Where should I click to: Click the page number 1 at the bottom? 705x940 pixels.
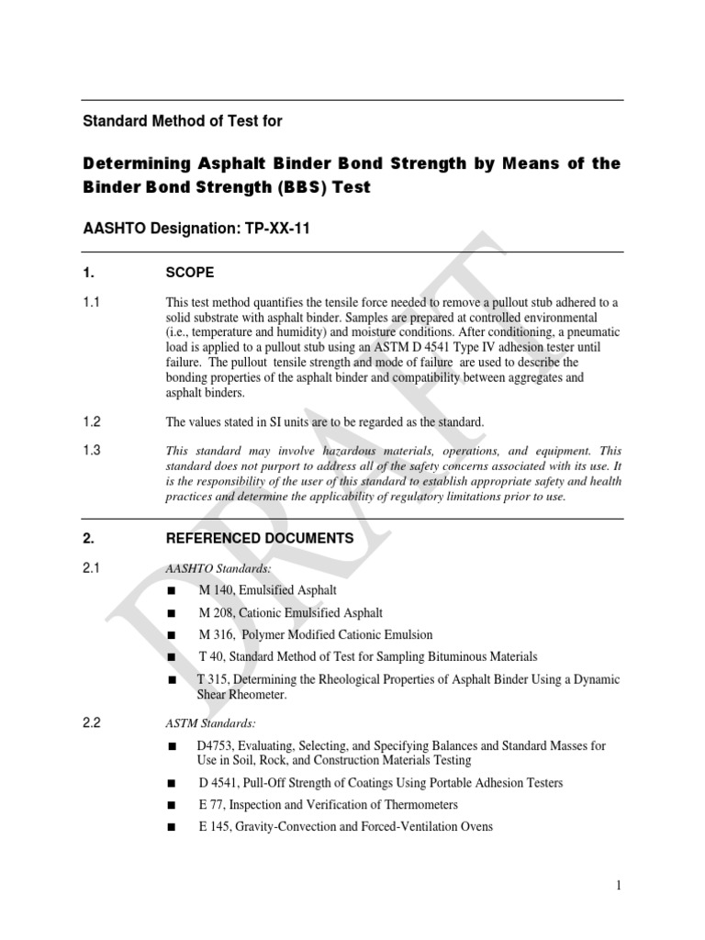[x=620, y=885]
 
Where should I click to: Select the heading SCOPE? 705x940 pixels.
[x=190, y=273]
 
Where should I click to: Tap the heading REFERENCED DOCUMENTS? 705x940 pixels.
[x=259, y=539]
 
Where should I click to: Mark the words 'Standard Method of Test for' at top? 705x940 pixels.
[x=184, y=120]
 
